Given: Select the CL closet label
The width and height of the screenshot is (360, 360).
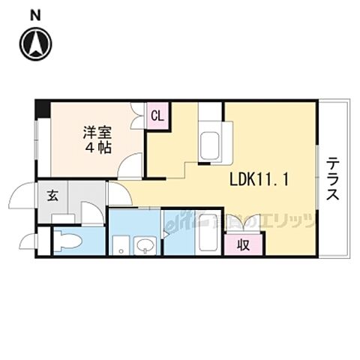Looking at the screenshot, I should pyautogui.click(x=157, y=115).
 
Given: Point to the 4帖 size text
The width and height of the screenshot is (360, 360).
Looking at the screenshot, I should pyautogui.click(x=97, y=147).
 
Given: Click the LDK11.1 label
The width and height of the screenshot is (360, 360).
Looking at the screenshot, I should pyautogui.click(x=259, y=179).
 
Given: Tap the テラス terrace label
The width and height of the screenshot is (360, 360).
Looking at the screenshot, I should pyautogui.click(x=332, y=178).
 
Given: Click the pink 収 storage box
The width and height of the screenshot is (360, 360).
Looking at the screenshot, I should pyautogui.click(x=244, y=244).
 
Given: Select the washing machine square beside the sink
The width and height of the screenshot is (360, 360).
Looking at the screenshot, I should pyautogui.click(x=119, y=244).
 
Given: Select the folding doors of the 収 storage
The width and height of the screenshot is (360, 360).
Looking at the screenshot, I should pyautogui.click(x=244, y=223).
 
